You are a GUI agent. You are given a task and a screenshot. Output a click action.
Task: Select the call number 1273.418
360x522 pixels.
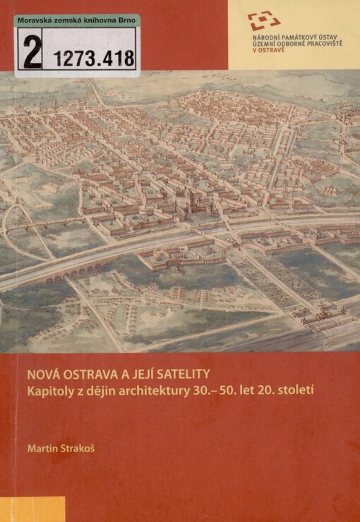click(x=92, y=58)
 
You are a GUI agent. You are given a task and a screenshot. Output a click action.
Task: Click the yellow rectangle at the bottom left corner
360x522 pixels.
click(x=32, y=509)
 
